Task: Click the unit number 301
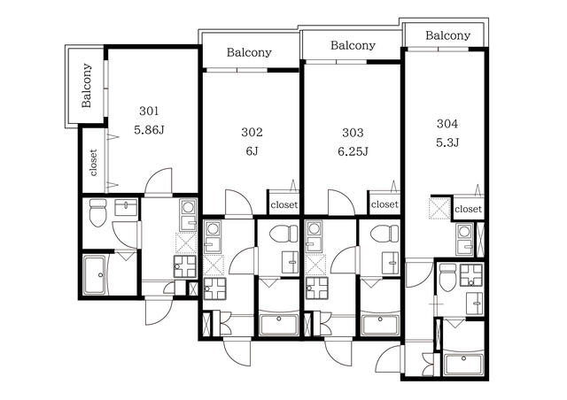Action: point(149,111)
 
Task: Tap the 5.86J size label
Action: point(149,130)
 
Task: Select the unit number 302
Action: point(252,132)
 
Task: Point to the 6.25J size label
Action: point(353,151)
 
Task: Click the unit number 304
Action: point(447,124)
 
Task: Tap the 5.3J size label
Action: point(447,142)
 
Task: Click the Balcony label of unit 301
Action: point(87,86)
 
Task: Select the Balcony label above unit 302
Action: point(249,52)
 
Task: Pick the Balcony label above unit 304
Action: point(447,35)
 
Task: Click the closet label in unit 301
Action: point(93,162)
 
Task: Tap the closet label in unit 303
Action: point(384,204)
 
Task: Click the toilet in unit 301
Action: point(97,212)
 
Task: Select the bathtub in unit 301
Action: point(95,274)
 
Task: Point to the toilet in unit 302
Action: point(283,234)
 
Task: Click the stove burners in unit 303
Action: point(317,288)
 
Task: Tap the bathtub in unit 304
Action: point(463,365)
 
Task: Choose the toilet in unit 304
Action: point(447,278)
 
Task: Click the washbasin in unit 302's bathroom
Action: point(290,262)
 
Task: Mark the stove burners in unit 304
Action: point(471,275)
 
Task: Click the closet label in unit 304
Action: point(469,209)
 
